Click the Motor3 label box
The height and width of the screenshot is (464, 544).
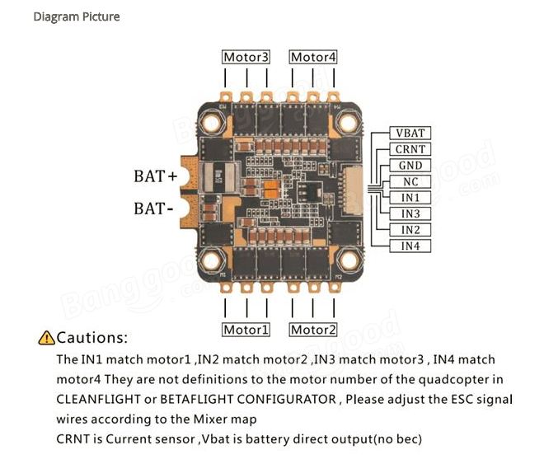246,57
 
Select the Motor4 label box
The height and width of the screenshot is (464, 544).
313,57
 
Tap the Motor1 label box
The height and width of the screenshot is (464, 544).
246,330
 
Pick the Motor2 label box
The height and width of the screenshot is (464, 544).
313,330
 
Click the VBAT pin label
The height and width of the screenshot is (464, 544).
410,134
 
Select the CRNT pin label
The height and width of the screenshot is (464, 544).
410,149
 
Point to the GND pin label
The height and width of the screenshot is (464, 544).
410,166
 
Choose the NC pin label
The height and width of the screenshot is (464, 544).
410,181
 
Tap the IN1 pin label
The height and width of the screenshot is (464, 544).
410,198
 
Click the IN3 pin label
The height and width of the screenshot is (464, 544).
410,213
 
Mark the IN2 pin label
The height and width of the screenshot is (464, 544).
410,230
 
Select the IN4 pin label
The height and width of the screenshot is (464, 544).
410,246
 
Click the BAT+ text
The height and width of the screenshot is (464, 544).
156,176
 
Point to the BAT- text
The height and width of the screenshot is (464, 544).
153,209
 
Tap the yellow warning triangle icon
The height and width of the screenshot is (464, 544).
46,338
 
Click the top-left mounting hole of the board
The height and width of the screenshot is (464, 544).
211,122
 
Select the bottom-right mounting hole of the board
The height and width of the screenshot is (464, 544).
349,260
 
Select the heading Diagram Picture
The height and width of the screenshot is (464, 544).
77,16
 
